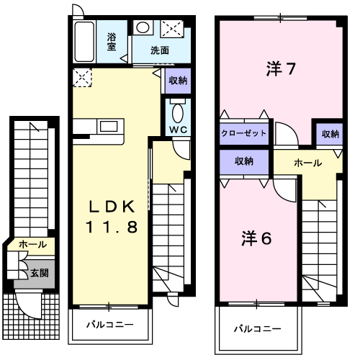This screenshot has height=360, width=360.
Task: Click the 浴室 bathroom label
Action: [x=112, y=42]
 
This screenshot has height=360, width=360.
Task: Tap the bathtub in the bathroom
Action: [x=84, y=42]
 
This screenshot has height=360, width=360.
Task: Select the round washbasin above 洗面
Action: [x=143, y=27]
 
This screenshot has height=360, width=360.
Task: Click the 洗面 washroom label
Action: [x=160, y=50]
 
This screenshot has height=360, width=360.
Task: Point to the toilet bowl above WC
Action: [x=178, y=112]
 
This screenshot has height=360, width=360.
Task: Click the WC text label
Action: [x=179, y=130]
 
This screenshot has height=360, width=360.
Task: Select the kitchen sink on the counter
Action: [x=109, y=126]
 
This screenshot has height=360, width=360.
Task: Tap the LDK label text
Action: [x=112, y=207]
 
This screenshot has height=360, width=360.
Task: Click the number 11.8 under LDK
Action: [x=112, y=227]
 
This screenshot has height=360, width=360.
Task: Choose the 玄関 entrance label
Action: [x=40, y=273]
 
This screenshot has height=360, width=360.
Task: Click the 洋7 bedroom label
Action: [x=281, y=69]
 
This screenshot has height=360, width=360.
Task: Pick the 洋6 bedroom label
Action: [x=256, y=238]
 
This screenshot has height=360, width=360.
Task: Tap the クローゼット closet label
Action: [x=244, y=133]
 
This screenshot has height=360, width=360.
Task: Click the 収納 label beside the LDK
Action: [x=178, y=81]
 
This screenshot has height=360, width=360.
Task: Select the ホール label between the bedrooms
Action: [x=308, y=163]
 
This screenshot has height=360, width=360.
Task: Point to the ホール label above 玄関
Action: [x=32, y=245]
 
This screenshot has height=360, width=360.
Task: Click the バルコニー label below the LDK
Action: [x=110, y=325]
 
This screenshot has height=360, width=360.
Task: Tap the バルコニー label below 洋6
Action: [x=258, y=328]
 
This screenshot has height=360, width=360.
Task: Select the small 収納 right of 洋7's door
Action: [x=330, y=134]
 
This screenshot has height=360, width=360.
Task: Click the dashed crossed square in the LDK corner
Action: [x=82, y=77]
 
